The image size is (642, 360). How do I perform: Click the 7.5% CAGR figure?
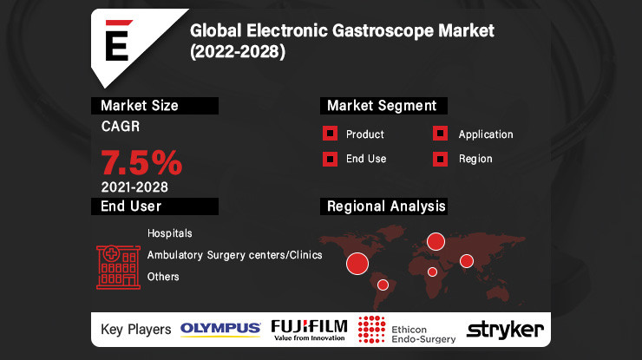click(141, 163)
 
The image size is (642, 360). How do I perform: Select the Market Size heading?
click(140, 106)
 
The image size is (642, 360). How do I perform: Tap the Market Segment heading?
click(381, 106)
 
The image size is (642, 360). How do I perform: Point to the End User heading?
click(131, 206)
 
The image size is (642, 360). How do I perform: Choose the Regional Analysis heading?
click(385, 206)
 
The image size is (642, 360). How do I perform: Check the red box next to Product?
click(330, 134)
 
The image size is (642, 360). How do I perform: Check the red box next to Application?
click(441, 134)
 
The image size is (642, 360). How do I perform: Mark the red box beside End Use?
click(330, 159)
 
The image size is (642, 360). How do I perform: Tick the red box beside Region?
click(441, 159)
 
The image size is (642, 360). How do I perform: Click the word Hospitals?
click(170, 233)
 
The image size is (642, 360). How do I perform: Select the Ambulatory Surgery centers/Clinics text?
click(234, 255)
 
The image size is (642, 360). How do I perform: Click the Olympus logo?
click(220, 329)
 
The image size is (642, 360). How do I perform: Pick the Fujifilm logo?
click(309, 329)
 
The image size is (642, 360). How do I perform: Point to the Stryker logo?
click(505, 329)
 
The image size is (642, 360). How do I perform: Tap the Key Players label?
click(134, 329)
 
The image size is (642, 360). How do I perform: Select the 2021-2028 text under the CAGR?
click(134, 187)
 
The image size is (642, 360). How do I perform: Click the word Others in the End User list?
click(163, 277)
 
